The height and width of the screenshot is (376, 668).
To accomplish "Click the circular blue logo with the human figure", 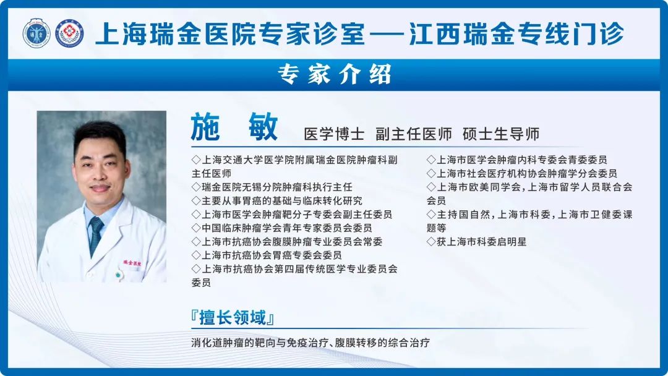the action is click(36, 33).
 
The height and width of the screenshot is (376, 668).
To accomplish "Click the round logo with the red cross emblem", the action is click(70, 33).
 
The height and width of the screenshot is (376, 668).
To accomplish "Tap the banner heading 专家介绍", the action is click(335, 74).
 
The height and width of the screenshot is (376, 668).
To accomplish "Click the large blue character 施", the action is click(205, 127).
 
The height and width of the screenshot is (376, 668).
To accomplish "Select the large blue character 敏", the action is click(263, 127).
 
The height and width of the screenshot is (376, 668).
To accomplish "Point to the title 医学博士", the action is click(334, 134).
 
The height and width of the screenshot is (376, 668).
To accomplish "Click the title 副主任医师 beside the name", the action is click(414, 134).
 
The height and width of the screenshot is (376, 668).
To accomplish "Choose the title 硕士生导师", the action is click(501, 134).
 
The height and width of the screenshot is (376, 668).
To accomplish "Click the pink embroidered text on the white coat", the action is click(132, 263).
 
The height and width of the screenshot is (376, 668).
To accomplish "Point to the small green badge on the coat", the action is click(118, 275).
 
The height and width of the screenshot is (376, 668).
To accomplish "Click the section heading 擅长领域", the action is click(233, 318).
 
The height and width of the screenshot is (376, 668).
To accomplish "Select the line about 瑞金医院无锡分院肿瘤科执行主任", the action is click(272, 187).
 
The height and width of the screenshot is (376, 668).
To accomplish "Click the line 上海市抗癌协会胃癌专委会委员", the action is click(267, 255).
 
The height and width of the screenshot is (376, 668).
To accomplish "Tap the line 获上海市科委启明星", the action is click(477, 241).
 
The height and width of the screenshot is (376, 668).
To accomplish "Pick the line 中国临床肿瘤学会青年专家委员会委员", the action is click(281, 228).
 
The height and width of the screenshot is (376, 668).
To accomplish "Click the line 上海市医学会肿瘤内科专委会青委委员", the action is click(516, 160).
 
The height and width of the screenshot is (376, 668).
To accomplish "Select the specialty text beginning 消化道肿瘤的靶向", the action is click(310, 343).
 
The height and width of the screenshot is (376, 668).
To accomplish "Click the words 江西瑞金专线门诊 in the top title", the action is click(516, 33).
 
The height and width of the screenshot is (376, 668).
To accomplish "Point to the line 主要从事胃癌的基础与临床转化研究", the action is click(277, 200).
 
